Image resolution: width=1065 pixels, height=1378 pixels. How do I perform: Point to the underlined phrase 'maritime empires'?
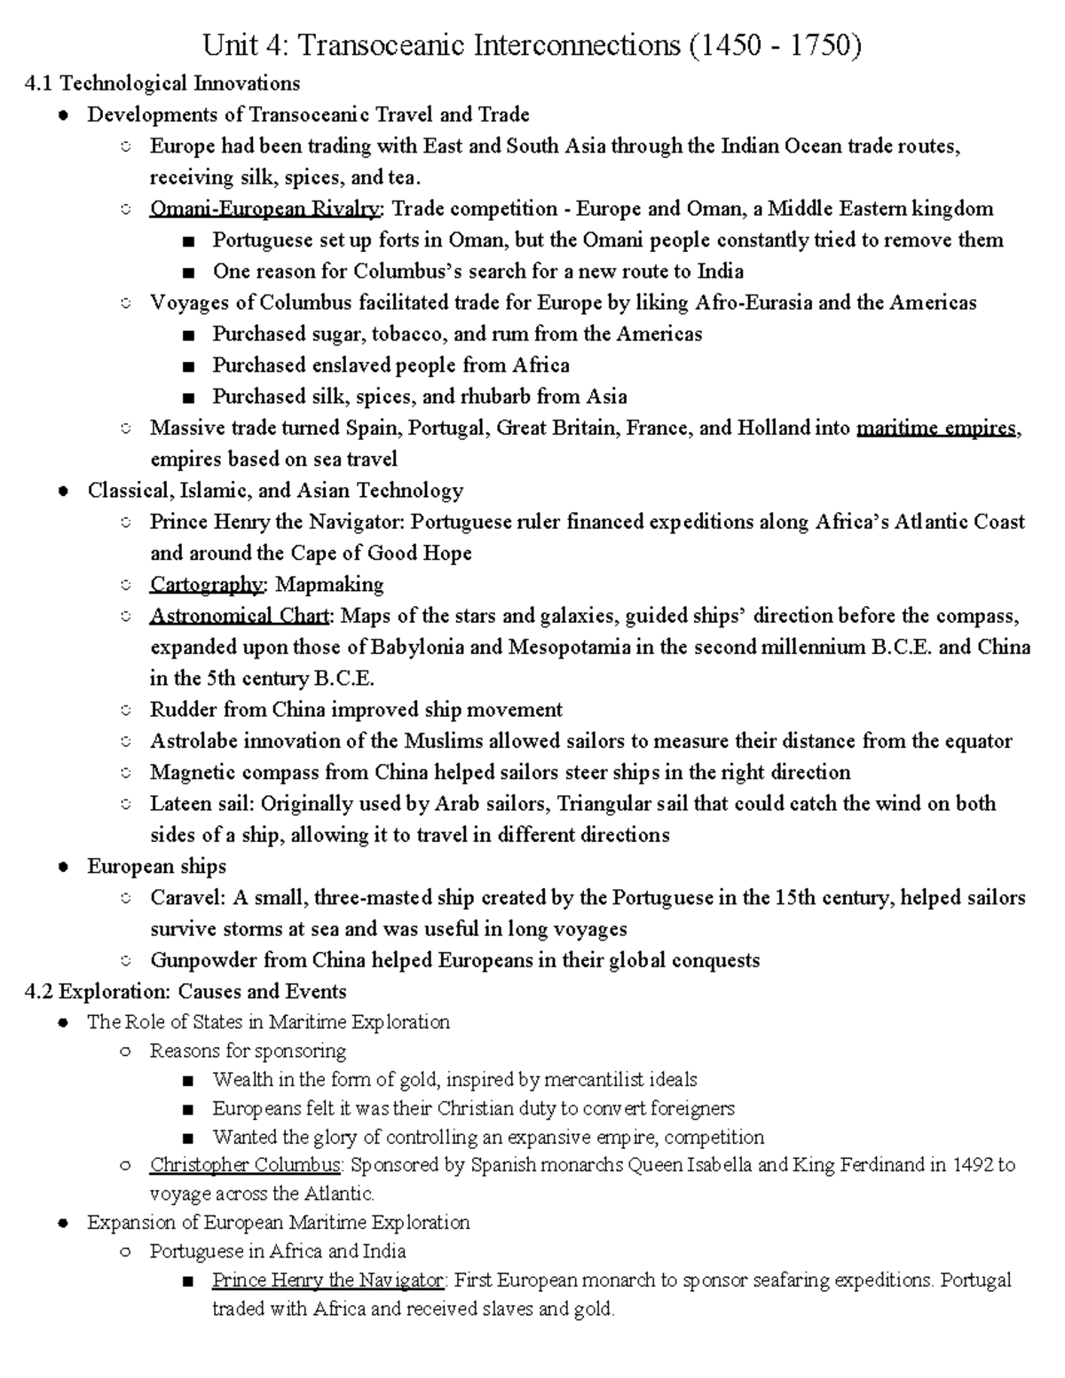[935, 429]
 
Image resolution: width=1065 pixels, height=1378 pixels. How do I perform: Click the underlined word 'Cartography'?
[207, 585]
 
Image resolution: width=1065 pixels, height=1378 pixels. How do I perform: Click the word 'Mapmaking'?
[329, 585]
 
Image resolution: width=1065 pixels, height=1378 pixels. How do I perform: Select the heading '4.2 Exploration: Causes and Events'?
[186, 991]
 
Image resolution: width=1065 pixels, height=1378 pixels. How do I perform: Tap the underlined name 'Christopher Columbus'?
[244, 1165]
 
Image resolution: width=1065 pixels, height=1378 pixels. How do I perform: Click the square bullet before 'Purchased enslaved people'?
[187, 366]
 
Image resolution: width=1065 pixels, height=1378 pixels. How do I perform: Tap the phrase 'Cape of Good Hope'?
[382, 554]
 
